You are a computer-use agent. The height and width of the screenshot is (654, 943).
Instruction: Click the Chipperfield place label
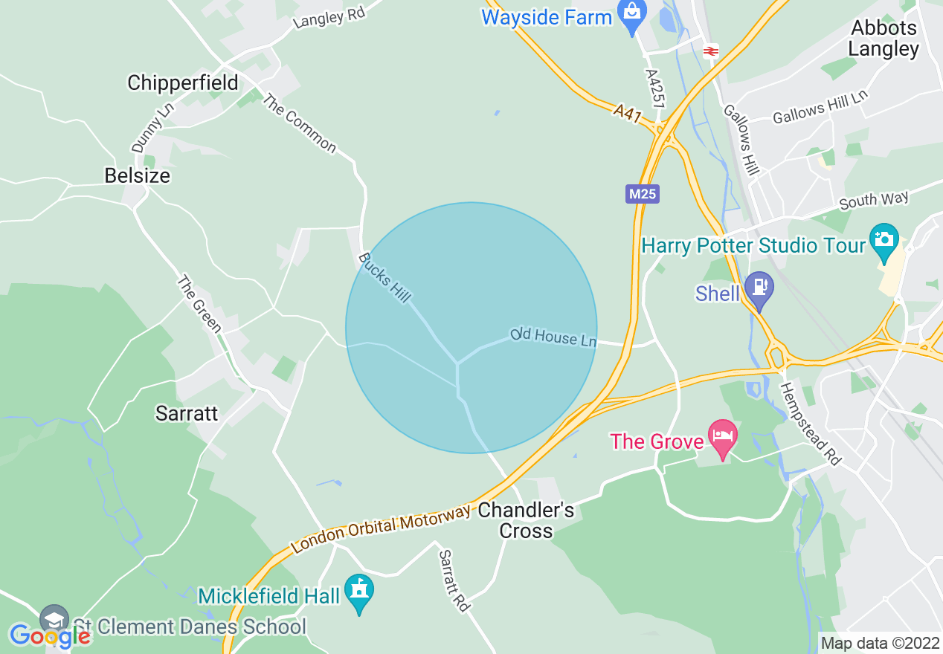click(182, 82)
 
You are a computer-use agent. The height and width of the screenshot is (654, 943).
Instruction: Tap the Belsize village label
click(137, 175)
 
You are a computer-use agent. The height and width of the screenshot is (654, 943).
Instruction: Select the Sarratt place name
click(187, 413)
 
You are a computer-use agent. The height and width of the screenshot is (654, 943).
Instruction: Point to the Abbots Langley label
click(884, 39)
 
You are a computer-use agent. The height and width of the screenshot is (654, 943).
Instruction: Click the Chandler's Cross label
click(526, 520)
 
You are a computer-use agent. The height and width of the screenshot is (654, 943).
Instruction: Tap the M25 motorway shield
click(643, 195)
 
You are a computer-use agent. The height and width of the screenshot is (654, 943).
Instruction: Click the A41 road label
click(628, 114)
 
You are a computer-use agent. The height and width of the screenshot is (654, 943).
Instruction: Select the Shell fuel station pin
click(759, 287)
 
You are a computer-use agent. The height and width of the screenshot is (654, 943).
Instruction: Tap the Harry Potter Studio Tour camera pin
click(884, 240)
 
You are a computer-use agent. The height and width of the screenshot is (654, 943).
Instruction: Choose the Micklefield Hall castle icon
click(360, 591)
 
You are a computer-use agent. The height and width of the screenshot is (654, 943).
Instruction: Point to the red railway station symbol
click(710, 51)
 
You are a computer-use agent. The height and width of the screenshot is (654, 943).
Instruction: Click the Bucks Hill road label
click(384, 278)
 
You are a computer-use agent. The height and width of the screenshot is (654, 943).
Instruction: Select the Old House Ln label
click(553, 337)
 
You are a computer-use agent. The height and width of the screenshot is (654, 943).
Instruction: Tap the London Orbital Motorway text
click(381, 529)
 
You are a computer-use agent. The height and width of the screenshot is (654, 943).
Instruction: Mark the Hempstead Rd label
click(810, 424)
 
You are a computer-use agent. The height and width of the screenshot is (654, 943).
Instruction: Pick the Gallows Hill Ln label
click(820, 108)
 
